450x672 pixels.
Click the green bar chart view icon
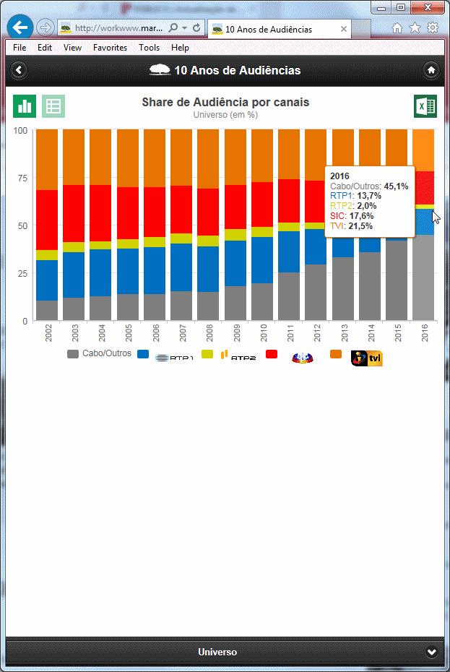click(25, 106)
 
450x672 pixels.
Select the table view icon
click(53, 106)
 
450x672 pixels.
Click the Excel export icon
click(425, 106)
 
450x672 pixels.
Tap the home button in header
click(431, 70)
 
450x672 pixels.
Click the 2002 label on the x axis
click(47, 332)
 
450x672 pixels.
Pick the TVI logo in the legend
click(366, 358)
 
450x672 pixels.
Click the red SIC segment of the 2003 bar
click(74, 213)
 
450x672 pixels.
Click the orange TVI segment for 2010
click(263, 155)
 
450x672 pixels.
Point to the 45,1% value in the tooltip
click(397, 186)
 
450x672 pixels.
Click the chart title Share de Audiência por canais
click(225, 103)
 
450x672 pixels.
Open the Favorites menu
click(110, 48)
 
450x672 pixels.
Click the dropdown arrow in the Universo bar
click(431, 652)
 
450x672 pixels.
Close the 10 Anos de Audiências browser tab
click(344, 30)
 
